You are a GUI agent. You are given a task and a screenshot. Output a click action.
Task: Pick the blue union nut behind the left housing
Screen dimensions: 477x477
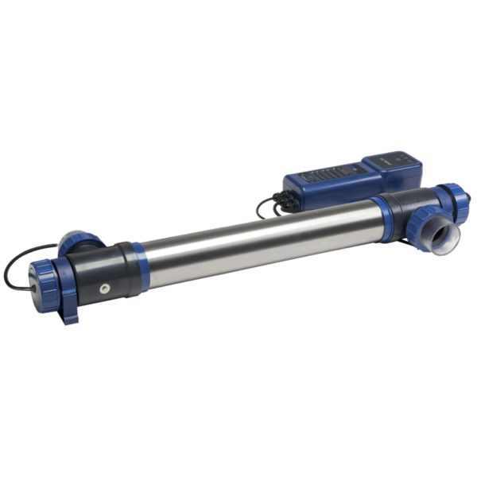(77, 241)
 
